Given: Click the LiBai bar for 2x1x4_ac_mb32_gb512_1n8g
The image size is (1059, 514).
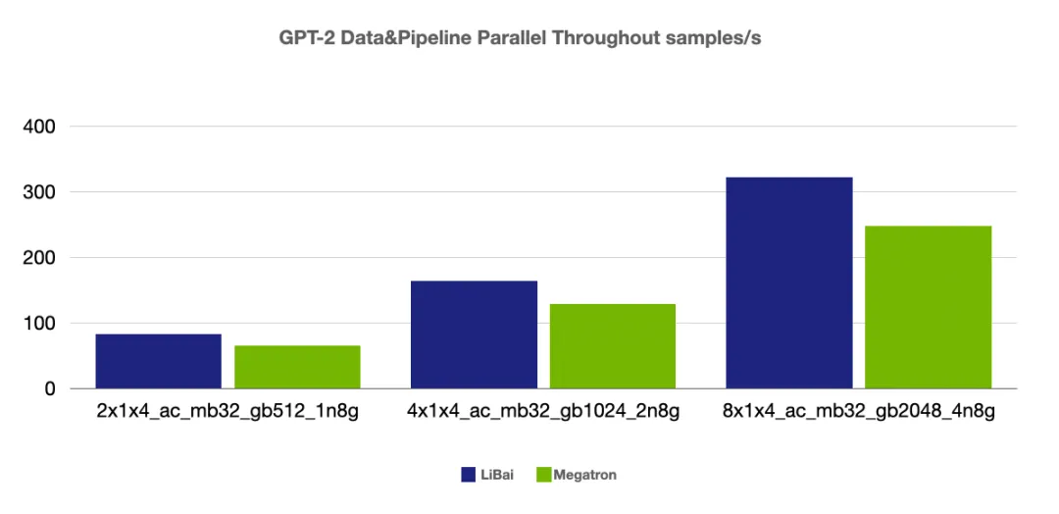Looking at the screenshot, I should point(159,361).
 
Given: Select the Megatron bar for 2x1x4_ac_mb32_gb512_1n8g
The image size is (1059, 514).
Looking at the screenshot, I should point(297,367).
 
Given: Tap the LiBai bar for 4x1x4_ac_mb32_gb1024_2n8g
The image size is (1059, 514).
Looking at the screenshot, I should point(474,334).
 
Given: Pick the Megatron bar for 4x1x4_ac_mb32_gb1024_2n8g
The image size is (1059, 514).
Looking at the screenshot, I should point(613,346).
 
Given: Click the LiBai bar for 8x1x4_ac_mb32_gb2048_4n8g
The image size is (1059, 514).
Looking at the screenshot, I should point(788,283).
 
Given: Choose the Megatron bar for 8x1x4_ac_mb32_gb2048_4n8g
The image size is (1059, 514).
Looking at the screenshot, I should point(928,307).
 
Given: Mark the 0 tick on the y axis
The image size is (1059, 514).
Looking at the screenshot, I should point(49,389).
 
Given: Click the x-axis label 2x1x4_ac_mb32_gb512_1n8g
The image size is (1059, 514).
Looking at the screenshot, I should point(227,413).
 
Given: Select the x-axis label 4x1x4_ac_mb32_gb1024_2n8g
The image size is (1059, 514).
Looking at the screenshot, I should point(543,413).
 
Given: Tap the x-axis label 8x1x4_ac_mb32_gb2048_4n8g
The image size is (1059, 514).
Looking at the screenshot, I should point(858,413).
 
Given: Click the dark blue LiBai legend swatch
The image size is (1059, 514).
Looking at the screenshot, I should point(469,475).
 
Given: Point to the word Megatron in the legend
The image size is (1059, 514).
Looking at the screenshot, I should point(585,476).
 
